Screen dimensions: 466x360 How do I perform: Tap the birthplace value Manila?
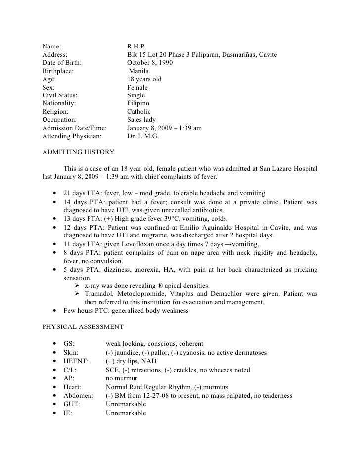tap(140, 71)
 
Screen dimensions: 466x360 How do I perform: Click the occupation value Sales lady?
tap(141, 119)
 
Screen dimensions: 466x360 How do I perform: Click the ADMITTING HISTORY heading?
tap(79, 152)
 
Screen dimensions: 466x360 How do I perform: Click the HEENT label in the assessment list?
tap(75, 361)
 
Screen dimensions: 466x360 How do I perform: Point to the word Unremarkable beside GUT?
tap(126, 404)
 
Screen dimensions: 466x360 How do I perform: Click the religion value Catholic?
tap(139, 111)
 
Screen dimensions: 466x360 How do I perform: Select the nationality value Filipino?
tap(138, 103)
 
